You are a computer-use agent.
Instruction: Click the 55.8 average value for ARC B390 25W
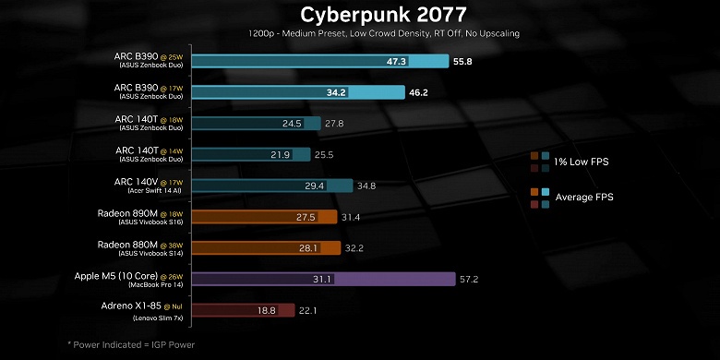[x=464, y=62]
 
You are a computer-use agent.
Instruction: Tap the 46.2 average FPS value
[x=419, y=92]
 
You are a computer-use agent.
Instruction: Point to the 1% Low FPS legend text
[x=582, y=162]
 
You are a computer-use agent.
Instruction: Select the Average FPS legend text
[x=584, y=197]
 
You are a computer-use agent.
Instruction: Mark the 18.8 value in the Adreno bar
[x=267, y=310]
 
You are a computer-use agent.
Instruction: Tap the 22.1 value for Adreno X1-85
[x=307, y=310]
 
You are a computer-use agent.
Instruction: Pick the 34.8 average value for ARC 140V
[x=366, y=186]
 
